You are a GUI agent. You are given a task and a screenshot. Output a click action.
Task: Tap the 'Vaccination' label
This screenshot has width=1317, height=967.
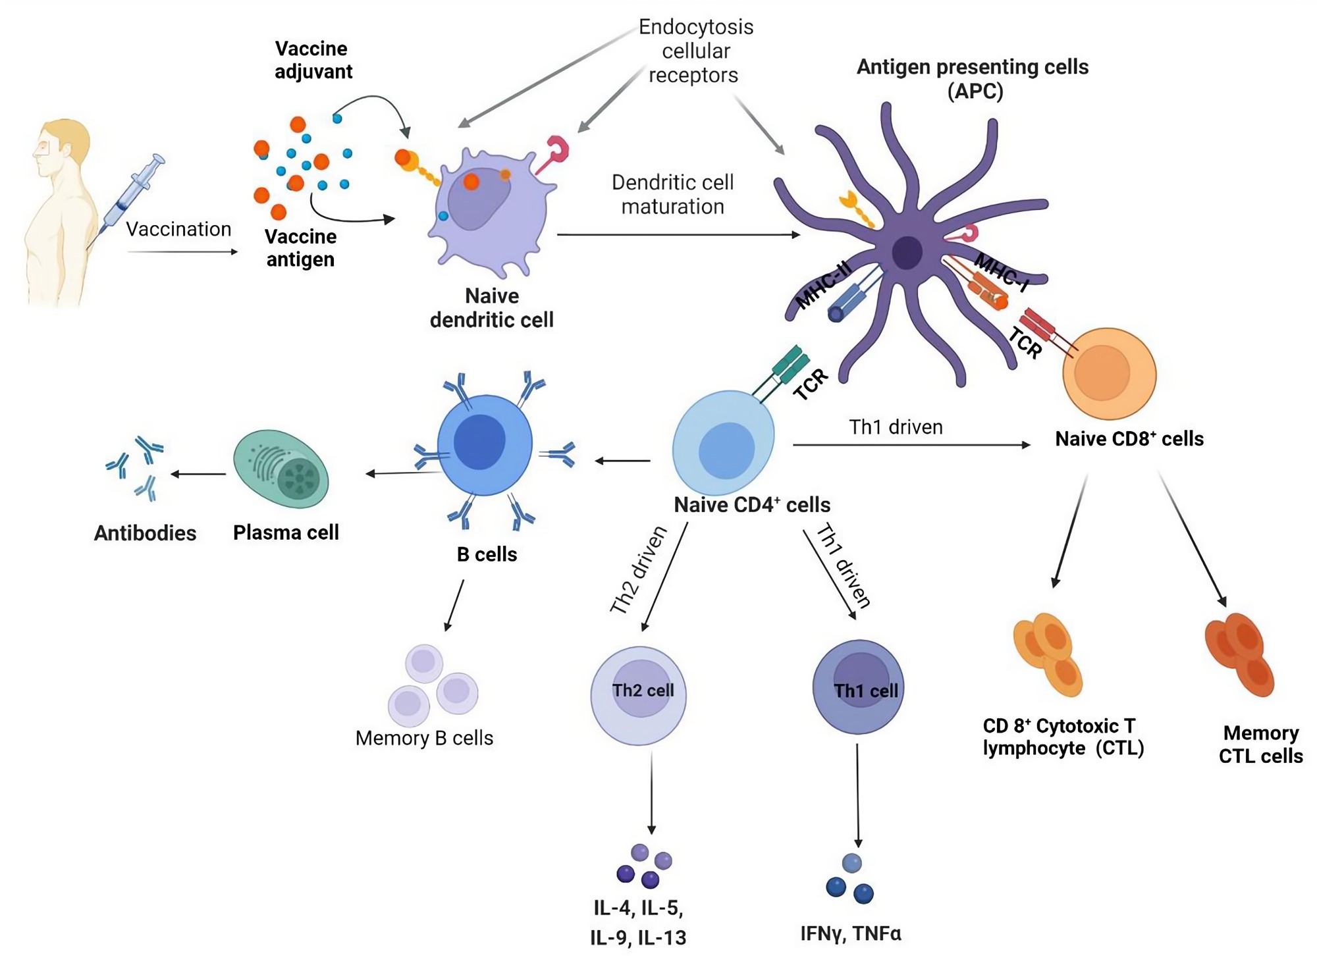point(178,229)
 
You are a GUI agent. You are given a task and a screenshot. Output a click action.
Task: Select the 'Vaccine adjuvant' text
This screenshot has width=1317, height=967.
point(312,60)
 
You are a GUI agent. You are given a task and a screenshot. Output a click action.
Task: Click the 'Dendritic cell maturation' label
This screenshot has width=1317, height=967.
point(672,194)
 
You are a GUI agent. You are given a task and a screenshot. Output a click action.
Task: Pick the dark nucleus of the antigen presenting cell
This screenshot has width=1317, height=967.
point(907,252)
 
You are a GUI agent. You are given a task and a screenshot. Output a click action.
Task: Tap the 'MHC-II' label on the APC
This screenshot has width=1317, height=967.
point(823,284)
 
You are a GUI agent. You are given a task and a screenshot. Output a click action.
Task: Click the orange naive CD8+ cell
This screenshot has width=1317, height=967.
point(1109,373)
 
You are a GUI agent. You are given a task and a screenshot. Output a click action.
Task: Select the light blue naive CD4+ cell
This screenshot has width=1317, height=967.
point(723,442)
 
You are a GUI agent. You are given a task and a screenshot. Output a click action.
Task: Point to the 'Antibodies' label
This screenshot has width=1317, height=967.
point(145,533)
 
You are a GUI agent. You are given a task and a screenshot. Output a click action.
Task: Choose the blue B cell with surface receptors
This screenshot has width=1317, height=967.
point(485,445)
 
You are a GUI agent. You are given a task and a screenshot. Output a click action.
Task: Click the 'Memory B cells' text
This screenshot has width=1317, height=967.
point(424,738)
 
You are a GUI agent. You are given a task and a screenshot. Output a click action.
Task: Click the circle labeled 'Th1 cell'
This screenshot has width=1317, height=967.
point(858,687)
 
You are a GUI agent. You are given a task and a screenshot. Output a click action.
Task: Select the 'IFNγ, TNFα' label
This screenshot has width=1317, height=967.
point(850,933)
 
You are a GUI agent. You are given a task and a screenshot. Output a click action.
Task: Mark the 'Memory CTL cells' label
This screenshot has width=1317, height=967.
point(1260,744)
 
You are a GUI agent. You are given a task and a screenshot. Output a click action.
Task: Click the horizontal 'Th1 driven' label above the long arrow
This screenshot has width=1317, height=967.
point(896,427)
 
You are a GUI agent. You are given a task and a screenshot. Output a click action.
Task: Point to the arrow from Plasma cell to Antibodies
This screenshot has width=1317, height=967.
point(198,474)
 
